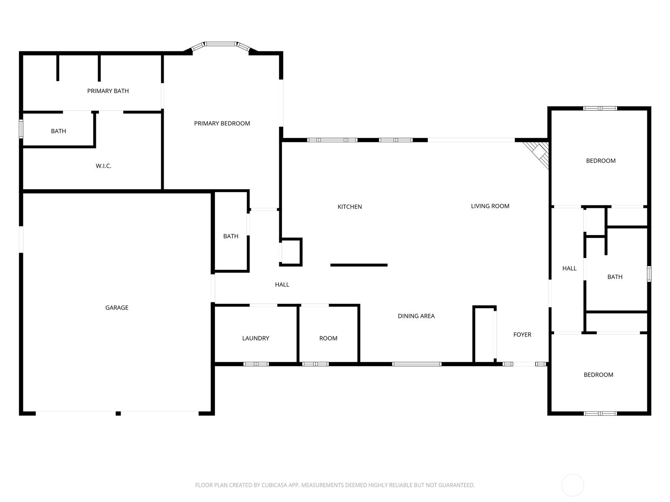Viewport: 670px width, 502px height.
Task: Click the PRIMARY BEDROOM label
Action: point(222,123)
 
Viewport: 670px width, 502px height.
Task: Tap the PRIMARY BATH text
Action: point(108,91)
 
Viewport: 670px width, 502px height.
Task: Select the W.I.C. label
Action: point(103,166)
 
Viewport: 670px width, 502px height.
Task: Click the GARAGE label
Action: point(116,307)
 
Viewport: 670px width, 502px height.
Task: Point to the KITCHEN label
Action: point(350,207)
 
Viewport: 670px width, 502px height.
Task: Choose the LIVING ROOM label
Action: point(490,206)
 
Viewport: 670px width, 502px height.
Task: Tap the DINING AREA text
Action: point(416,316)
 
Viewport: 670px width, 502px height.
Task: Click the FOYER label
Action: point(522,335)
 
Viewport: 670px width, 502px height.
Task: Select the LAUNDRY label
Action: point(255,338)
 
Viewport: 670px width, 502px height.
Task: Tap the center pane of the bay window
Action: point(221,44)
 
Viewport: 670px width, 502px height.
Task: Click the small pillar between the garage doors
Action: point(118,414)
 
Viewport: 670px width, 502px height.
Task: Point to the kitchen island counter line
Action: point(359,265)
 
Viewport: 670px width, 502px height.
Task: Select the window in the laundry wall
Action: point(256,364)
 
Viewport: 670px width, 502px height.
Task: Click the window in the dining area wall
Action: point(417,364)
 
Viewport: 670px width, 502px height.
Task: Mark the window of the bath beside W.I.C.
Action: point(21,129)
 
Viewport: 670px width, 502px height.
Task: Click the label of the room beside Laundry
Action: point(328,338)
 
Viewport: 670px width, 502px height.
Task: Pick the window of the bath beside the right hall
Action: point(649,274)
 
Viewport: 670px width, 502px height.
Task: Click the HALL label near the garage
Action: point(282,285)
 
